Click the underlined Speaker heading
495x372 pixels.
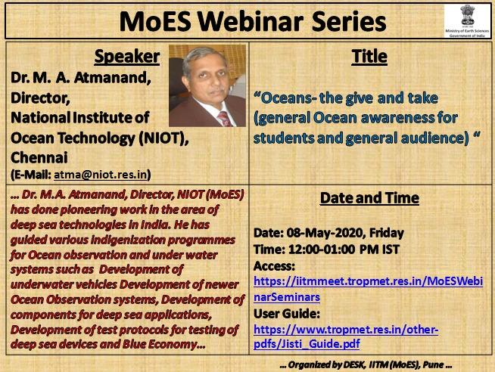pyautogui.click(x=126, y=57)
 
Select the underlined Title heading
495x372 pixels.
pyautogui.click(x=369, y=57)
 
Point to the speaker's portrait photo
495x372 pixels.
pyautogui.click(x=207, y=85)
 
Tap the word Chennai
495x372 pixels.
pyautogui.click(x=39, y=157)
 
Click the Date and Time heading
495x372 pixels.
pyautogui.click(x=369, y=199)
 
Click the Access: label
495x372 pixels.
pyautogui.click(x=274, y=265)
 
